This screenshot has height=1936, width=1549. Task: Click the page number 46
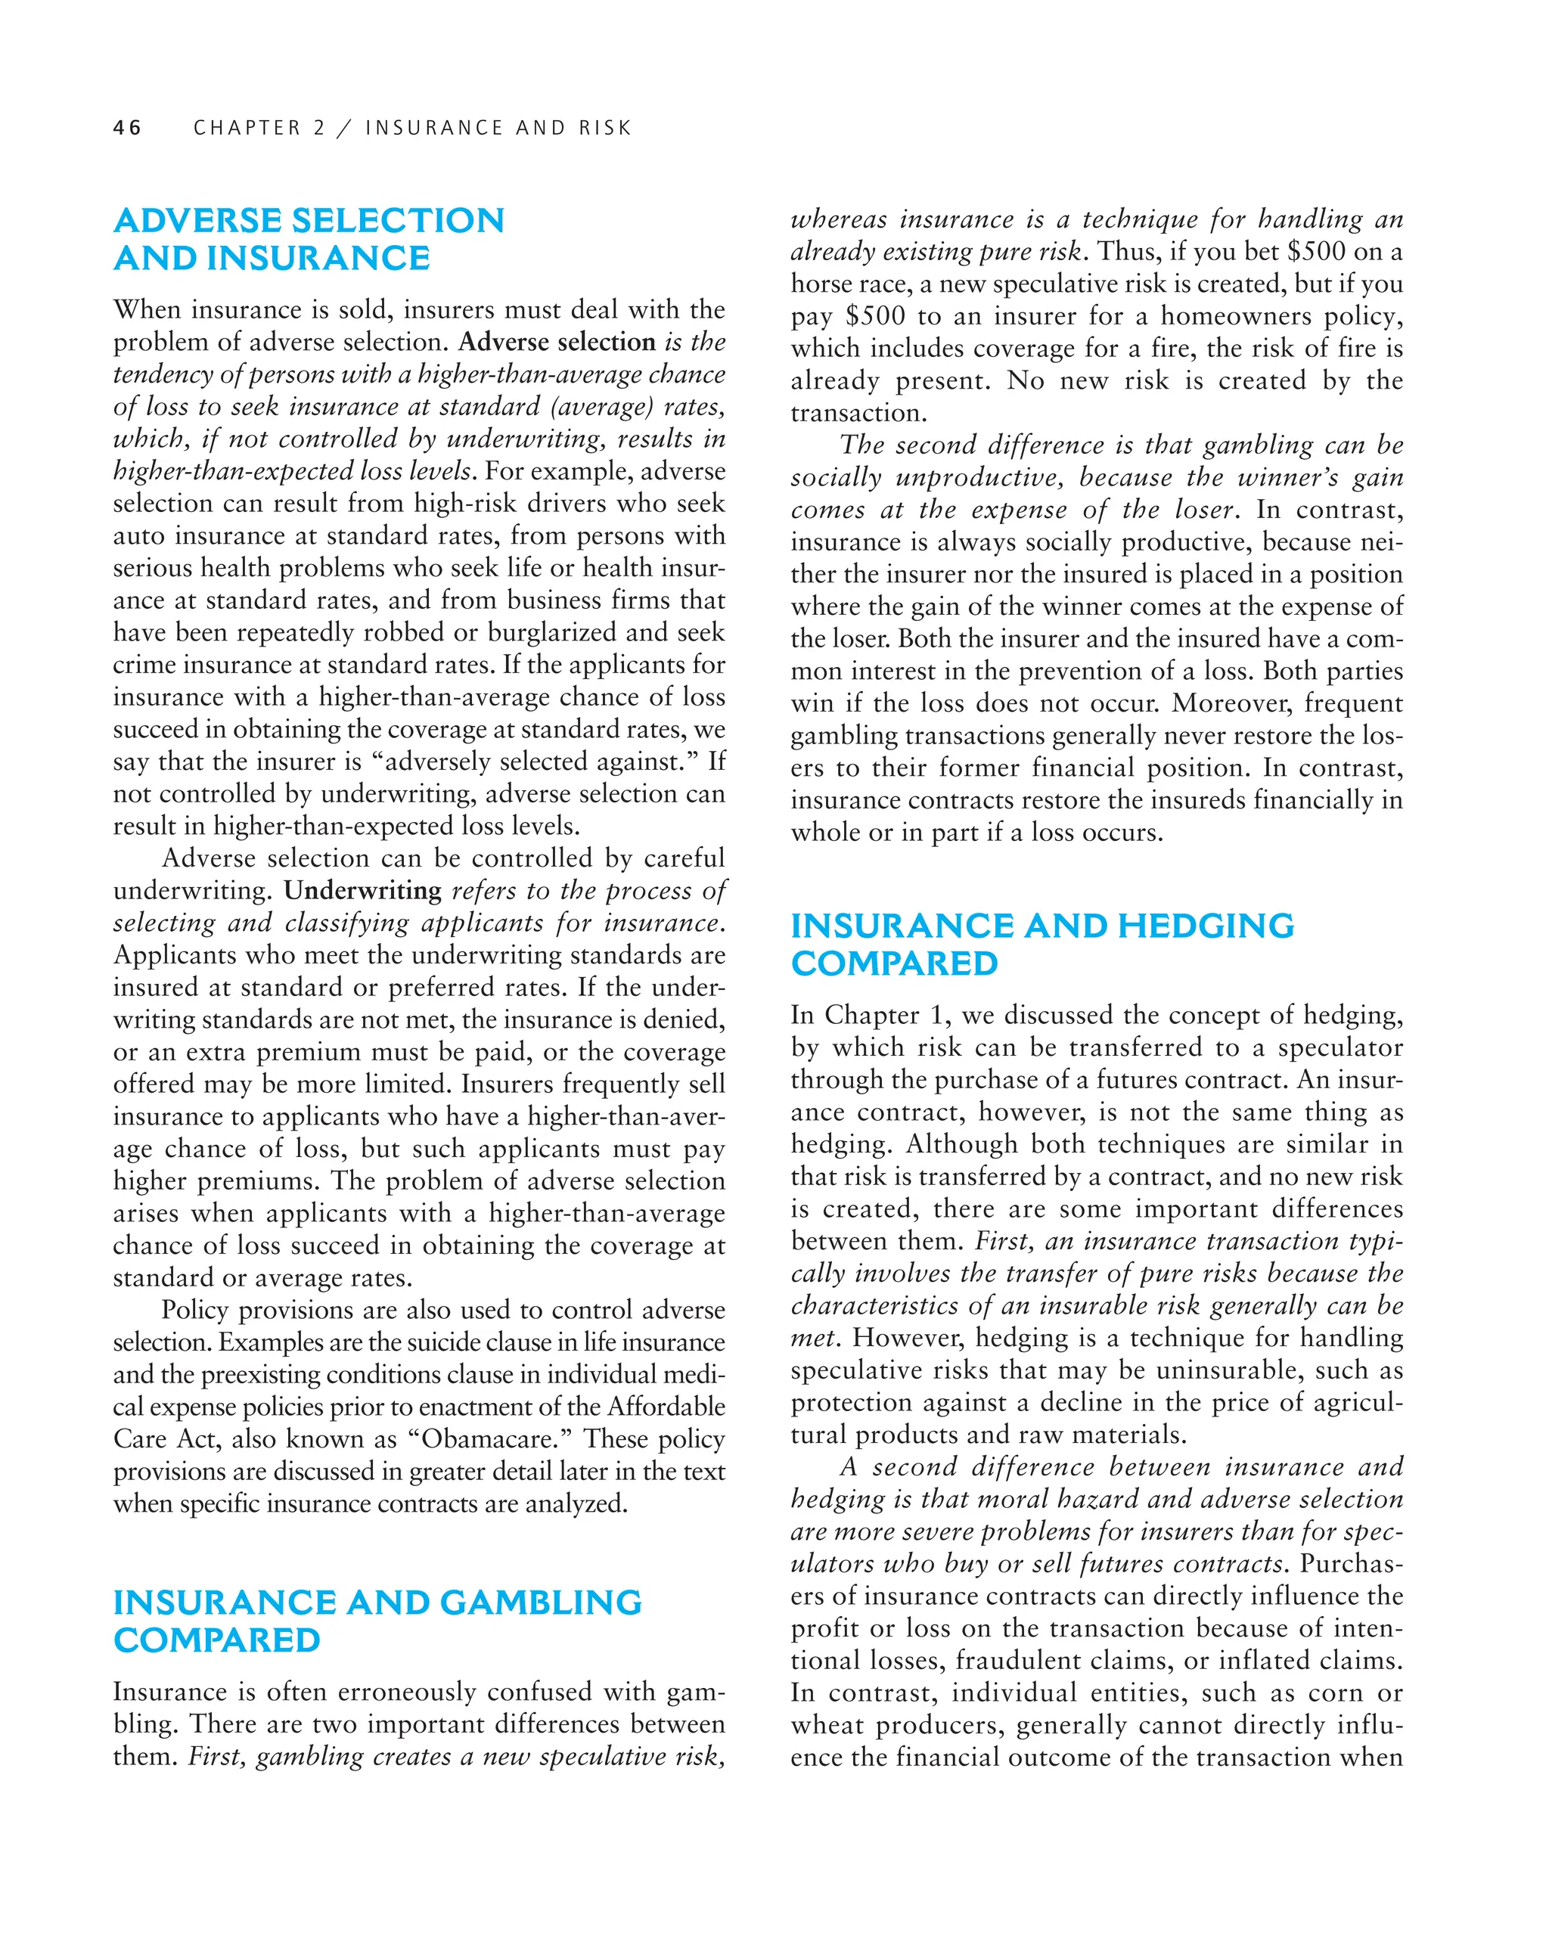pyautogui.click(x=128, y=128)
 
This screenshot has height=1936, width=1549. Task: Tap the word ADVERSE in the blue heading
pyautogui.click(x=197, y=221)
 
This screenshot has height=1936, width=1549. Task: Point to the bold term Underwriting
pyautogui.click(x=363, y=891)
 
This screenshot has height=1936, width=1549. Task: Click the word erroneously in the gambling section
pyautogui.click(x=423, y=1692)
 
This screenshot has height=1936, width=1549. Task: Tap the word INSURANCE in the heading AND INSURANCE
pyautogui.click(x=318, y=259)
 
